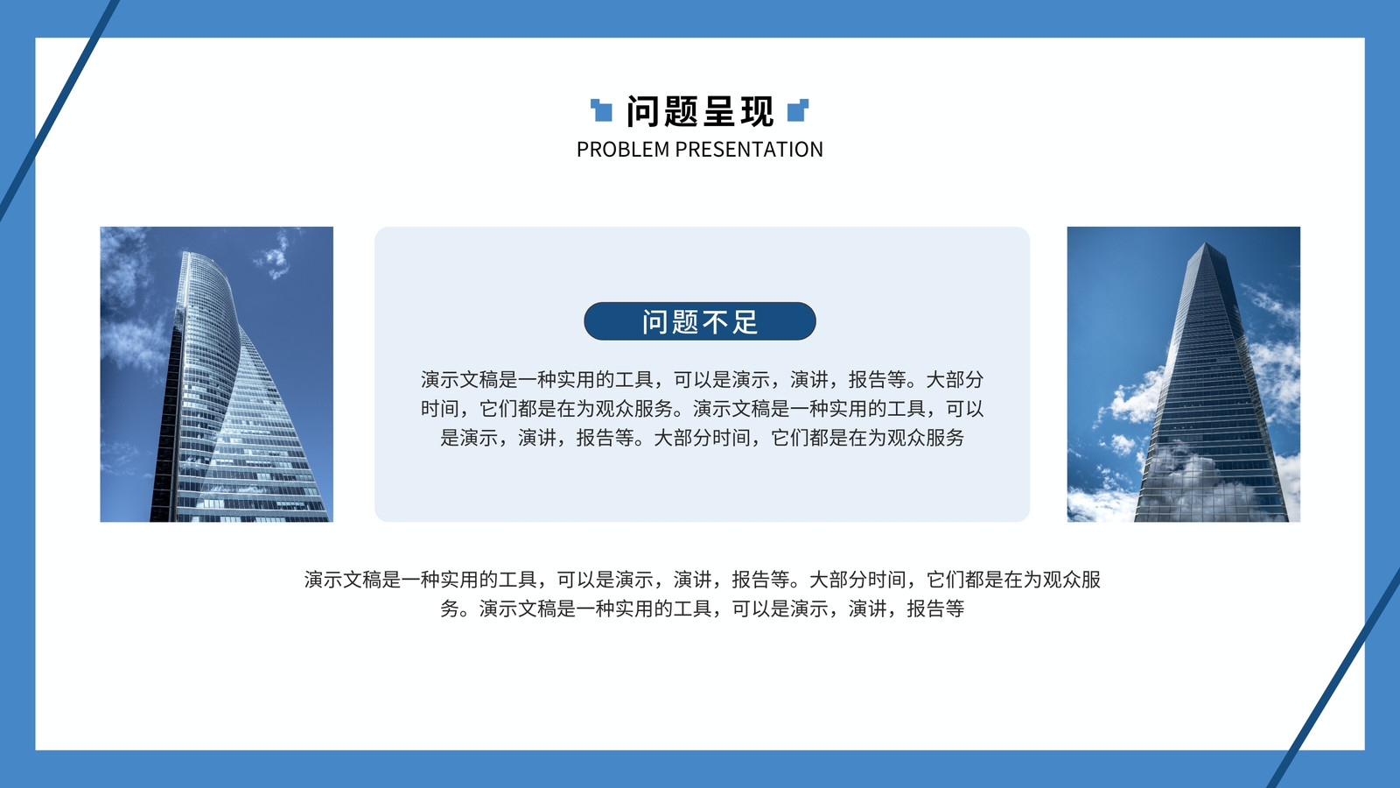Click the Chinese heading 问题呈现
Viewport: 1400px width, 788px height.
[x=700, y=111]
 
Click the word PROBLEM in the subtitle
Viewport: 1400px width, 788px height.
[x=622, y=150]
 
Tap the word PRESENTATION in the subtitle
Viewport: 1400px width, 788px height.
[x=749, y=150]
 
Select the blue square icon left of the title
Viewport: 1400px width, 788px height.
[x=601, y=110]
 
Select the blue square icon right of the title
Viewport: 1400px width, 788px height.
[x=798, y=110]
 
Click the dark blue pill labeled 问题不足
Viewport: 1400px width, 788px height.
[x=699, y=321]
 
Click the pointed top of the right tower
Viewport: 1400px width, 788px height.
[x=1207, y=244]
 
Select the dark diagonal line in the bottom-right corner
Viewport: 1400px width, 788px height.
[x=1335, y=679]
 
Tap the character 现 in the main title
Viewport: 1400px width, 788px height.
[x=757, y=111]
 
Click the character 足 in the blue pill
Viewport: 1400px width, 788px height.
[x=745, y=322]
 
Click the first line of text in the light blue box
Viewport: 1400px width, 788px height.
[x=702, y=380]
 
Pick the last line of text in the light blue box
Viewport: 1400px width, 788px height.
[x=702, y=438]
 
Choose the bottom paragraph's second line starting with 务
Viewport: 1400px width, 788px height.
[x=702, y=609]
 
